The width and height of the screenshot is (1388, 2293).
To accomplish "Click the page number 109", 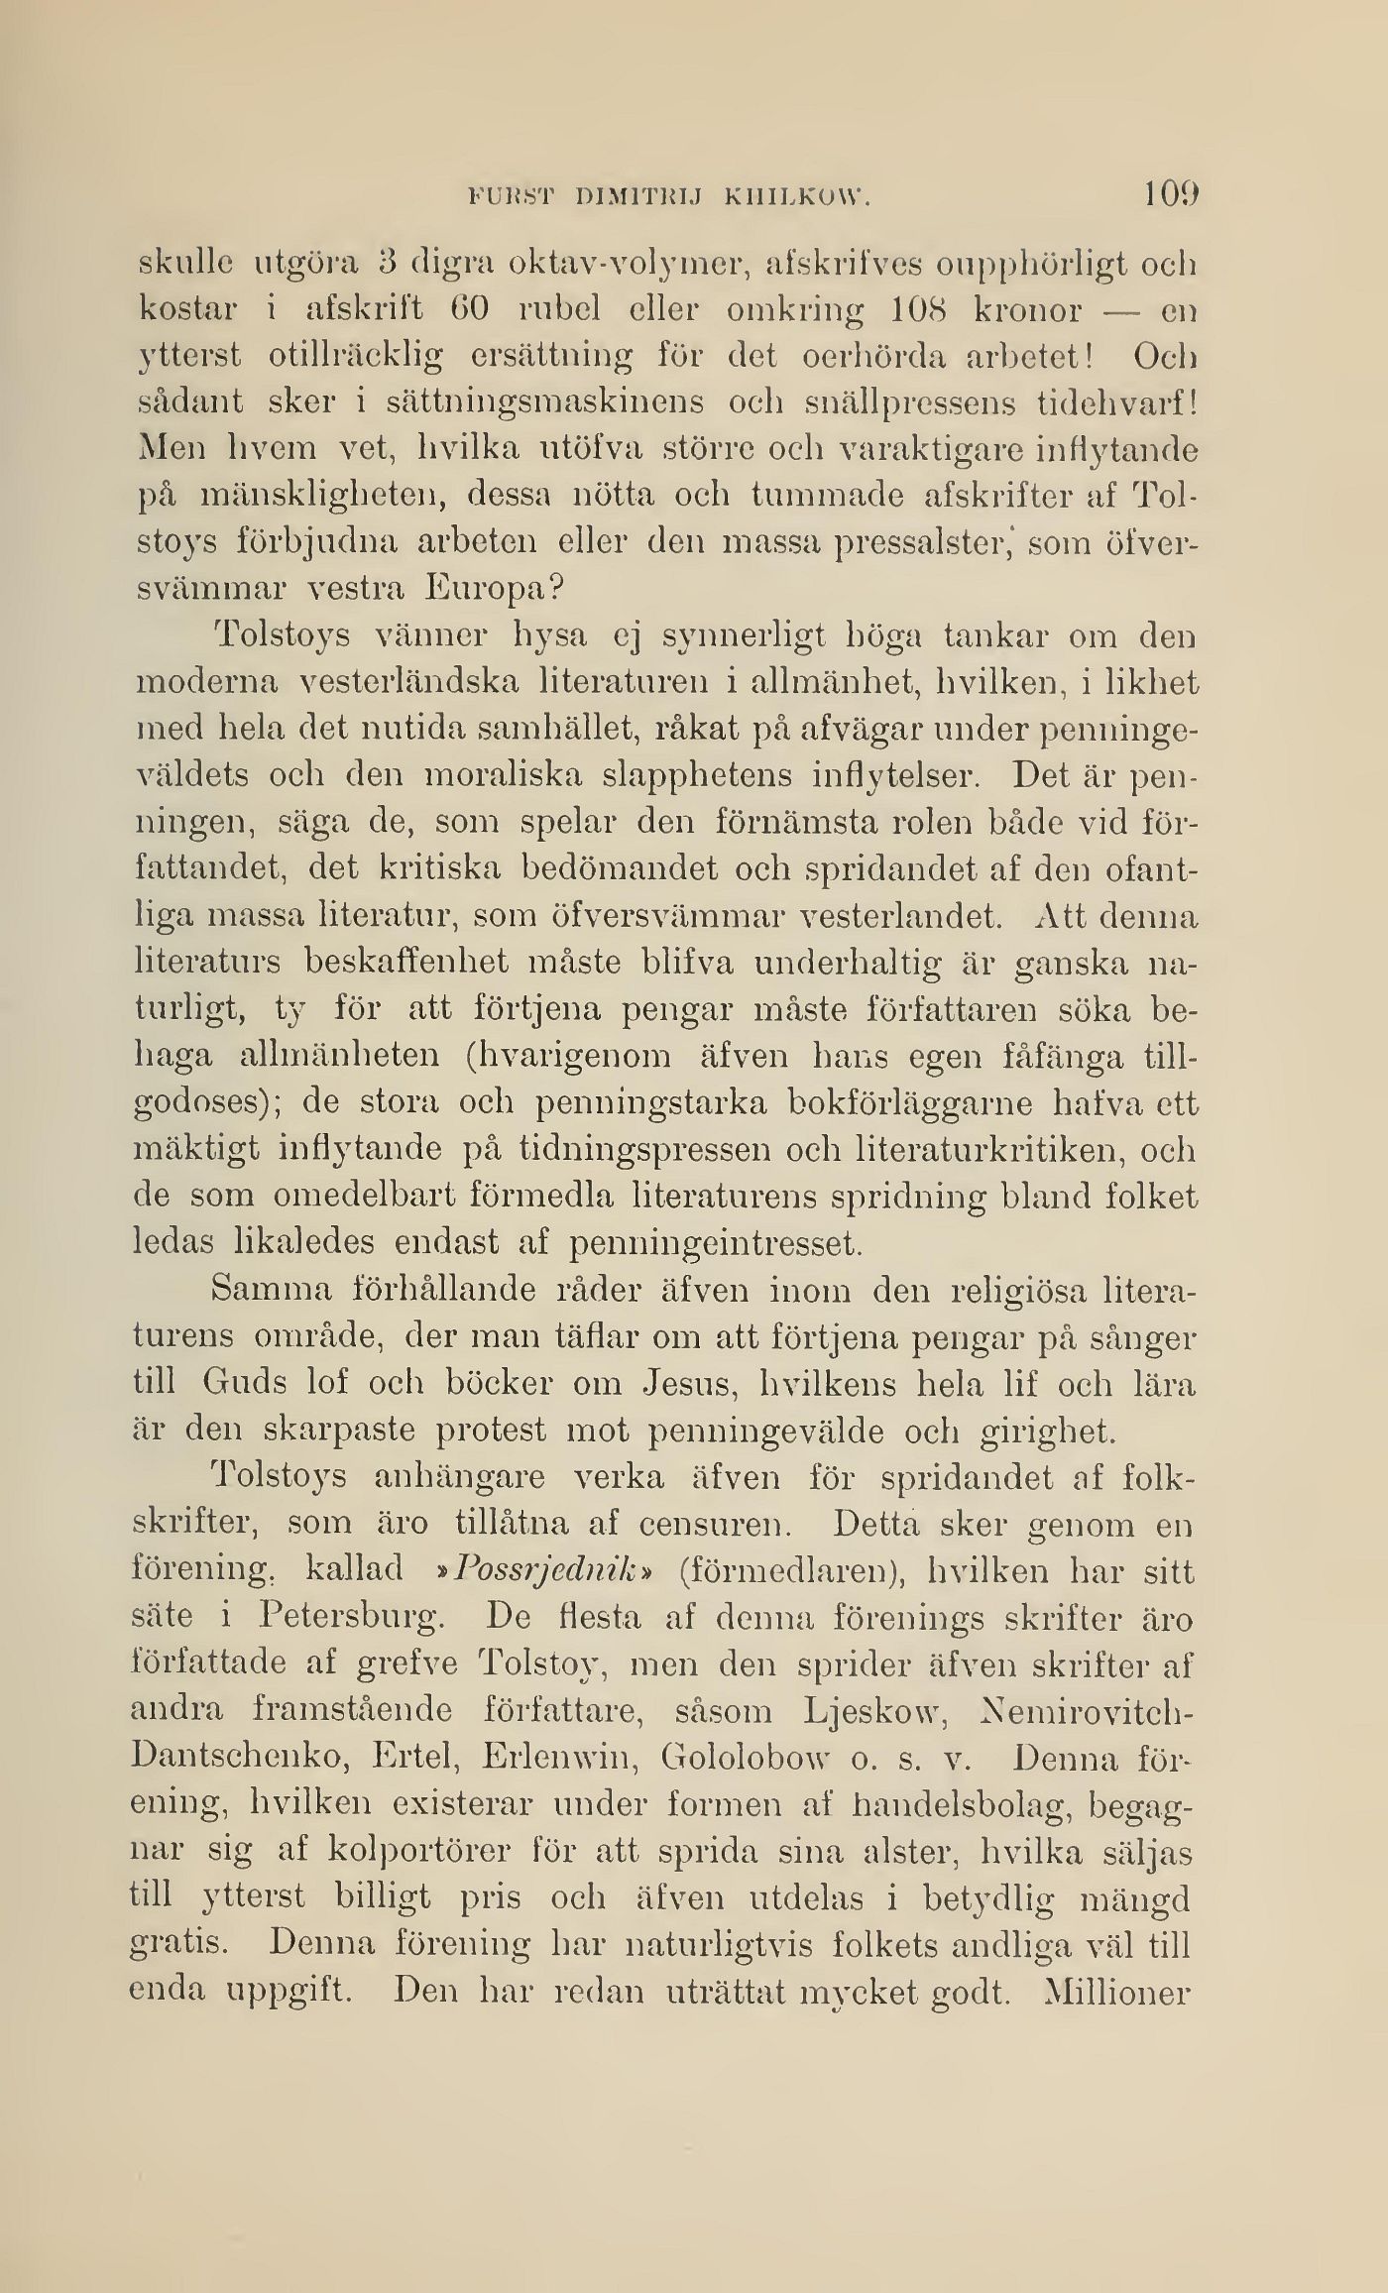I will pos(1171,193).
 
